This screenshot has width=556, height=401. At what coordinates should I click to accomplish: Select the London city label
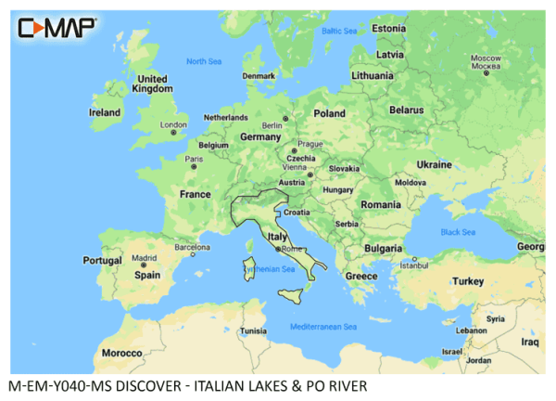(x=173, y=124)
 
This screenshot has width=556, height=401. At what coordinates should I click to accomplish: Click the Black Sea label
(x=458, y=231)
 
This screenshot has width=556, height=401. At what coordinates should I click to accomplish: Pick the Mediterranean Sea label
(x=322, y=327)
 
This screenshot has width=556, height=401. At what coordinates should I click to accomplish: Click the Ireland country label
(x=104, y=112)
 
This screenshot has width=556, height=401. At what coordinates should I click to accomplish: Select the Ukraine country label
(x=435, y=163)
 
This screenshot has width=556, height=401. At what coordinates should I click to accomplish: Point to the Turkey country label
(x=468, y=280)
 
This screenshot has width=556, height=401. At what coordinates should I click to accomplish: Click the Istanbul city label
(x=414, y=265)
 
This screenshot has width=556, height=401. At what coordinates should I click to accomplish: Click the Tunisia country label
(x=253, y=331)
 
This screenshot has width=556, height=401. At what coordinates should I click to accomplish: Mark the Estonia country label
(x=388, y=29)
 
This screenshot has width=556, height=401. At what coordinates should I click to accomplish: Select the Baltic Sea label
(x=338, y=31)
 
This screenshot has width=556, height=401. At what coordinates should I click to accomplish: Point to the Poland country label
(x=329, y=113)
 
